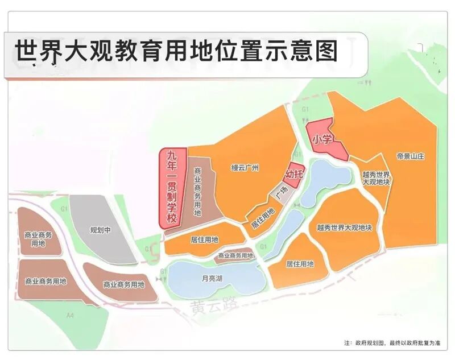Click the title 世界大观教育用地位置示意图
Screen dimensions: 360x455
[x=176, y=51]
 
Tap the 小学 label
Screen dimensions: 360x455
[x=321, y=138]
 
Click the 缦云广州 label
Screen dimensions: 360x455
[x=245, y=168]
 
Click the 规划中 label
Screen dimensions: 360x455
[x=101, y=230]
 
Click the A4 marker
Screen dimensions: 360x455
[x=71, y=315]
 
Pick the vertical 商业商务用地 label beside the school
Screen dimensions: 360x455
[x=198, y=191]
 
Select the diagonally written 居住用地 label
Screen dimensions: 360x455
[x=263, y=218]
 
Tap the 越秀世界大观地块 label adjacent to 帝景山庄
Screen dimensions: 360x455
[x=376, y=177]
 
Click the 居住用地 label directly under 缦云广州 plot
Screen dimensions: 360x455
[x=204, y=239]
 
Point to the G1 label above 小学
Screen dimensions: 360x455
[x=305, y=108]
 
